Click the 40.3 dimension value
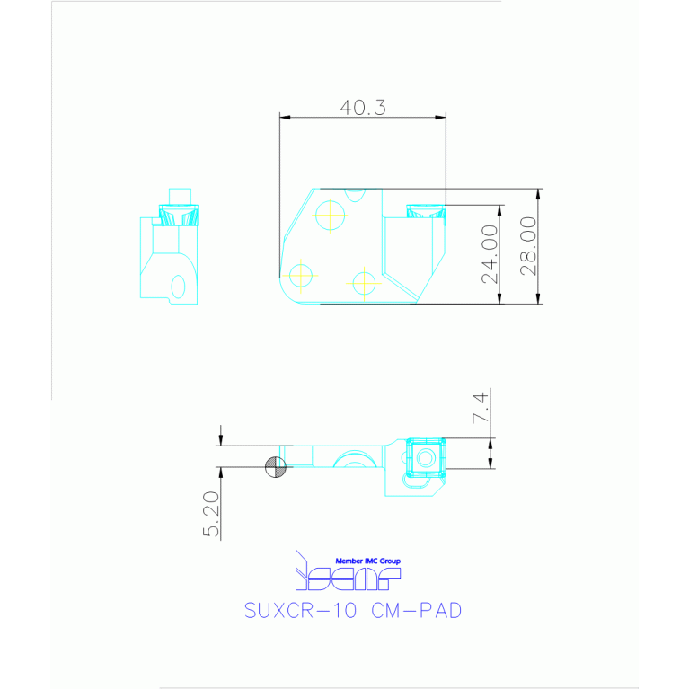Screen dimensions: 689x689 [x=363, y=108]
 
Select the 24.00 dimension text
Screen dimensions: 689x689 [x=490, y=254]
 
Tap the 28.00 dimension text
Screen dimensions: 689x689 [x=528, y=245]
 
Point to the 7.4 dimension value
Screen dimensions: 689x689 [x=481, y=409]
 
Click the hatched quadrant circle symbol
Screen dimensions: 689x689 [x=276, y=467]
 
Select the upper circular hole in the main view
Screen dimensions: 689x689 [x=331, y=215]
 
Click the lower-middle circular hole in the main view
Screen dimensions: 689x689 [x=364, y=283]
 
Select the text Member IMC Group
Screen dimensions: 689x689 [x=367, y=560]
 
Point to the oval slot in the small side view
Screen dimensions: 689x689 [x=178, y=286]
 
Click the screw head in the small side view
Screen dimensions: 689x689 [x=178, y=215]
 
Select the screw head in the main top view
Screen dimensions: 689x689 [x=425, y=211]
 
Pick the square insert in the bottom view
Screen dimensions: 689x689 [x=426, y=456]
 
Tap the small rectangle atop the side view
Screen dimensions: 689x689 [x=181, y=196]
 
